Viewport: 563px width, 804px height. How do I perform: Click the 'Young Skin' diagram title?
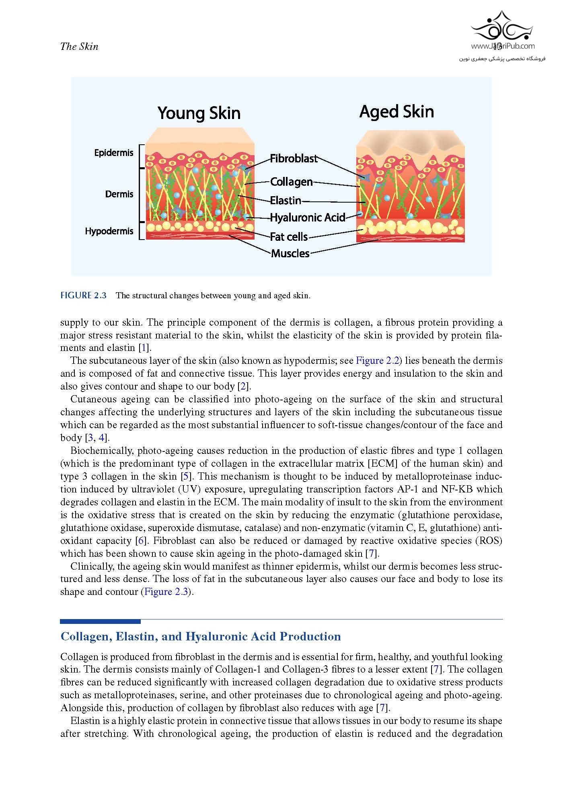click(199, 113)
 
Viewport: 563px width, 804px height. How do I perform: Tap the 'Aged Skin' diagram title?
click(397, 111)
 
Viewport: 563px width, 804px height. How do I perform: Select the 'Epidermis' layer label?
click(113, 153)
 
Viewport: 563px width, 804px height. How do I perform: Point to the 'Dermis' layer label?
click(119, 194)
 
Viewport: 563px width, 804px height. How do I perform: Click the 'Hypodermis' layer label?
click(109, 231)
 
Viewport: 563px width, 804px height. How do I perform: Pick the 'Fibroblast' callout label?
click(294, 158)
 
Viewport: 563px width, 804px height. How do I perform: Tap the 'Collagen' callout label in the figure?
click(291, 182)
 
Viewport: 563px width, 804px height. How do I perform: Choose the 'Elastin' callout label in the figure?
click(286, 200)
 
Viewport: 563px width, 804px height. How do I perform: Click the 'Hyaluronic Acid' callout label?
click(307, 217)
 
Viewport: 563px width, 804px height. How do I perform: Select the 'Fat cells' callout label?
click(289, 237)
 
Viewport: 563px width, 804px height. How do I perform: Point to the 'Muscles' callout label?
click(290, 253)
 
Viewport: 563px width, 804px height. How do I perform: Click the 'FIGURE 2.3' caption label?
click(83, 295)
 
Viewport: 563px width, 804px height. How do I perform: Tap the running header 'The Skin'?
click(79, 47)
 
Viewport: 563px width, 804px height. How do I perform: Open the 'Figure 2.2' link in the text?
click(377, 361)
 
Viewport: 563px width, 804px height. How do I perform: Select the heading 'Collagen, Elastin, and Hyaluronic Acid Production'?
click(201, 636)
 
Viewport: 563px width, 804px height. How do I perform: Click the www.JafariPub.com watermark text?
click(503, 46)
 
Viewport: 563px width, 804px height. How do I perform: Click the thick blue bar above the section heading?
click(100, 621)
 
